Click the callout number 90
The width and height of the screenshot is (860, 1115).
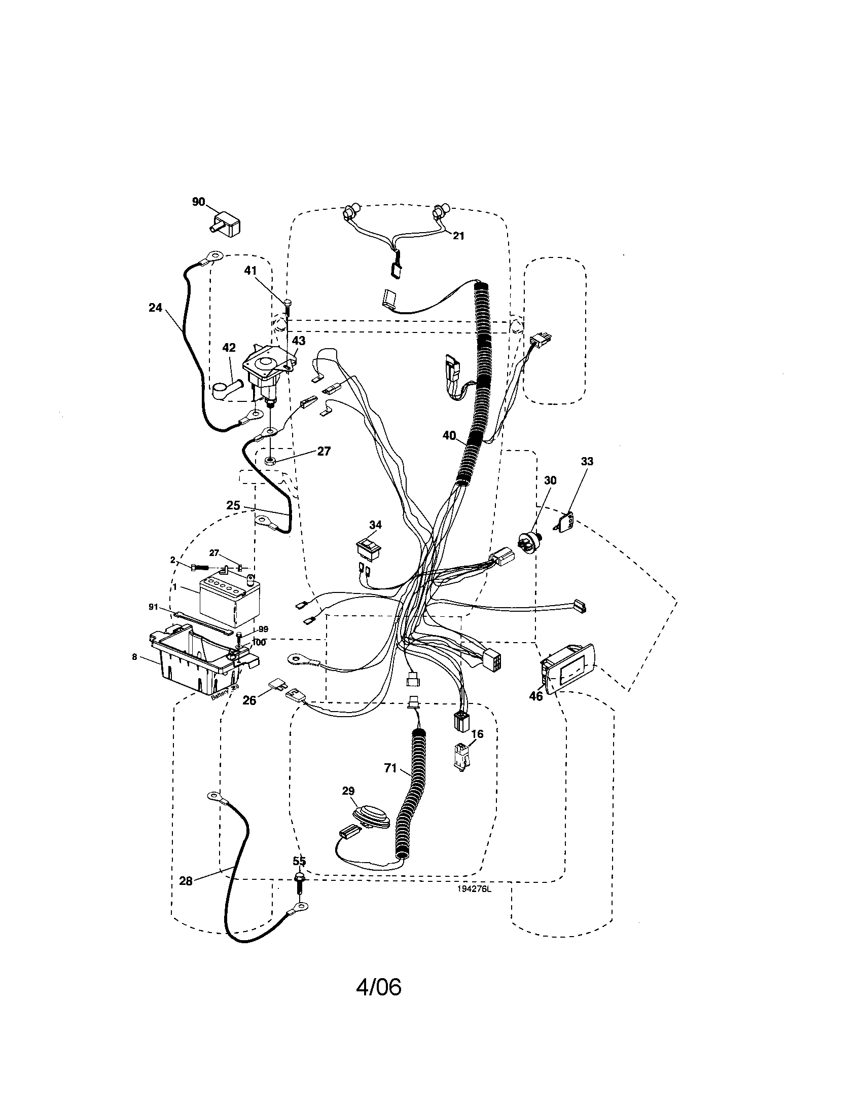198,202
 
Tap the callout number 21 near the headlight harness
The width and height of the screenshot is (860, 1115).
458,235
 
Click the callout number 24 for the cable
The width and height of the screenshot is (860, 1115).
155,308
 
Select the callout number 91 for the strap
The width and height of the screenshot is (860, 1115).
153,607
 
